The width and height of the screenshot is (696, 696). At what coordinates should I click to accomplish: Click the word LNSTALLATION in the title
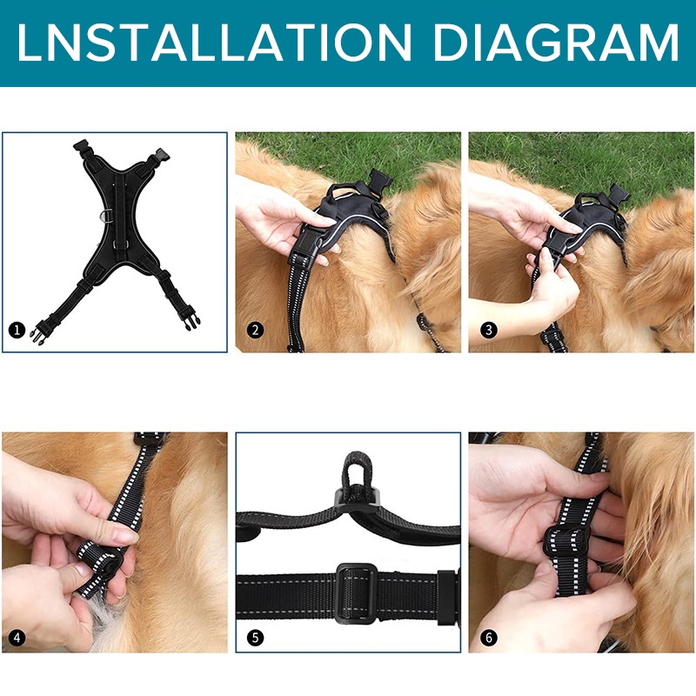click(214, 42)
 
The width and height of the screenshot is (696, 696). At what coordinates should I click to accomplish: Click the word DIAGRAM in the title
click(556, 42)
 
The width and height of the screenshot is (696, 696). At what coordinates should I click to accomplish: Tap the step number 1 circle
click(17, 331)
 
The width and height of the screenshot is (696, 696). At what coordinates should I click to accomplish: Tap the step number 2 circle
click(255, 331)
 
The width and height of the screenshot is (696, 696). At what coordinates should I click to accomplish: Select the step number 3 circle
click(489, 330)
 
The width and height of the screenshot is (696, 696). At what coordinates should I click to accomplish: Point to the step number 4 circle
click(17, 639)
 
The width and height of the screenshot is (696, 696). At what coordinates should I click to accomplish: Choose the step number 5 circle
click(255, 639)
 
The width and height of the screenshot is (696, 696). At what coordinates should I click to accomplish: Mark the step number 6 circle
click(489, 638)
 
